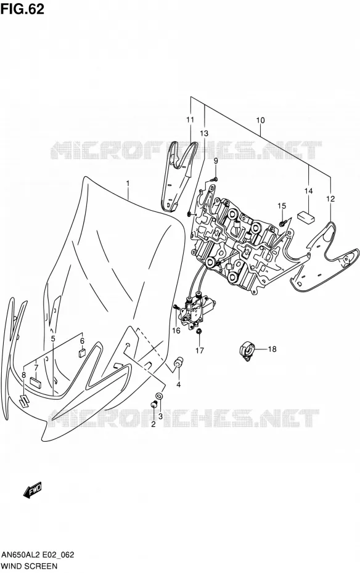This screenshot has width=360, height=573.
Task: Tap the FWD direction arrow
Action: pyautogui.click(x=33, y=489)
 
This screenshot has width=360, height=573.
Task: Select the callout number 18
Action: pyautogui.click(x=272, y=349)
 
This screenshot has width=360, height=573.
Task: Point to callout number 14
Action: pyautogui.click(x=309, y=191)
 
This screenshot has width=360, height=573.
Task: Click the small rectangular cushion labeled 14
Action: pyautogui.click(x=306, y=217)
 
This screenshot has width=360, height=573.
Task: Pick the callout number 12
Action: pyautogui.click(x=330, y=199)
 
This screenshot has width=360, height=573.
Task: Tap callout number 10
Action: pyautogui.click(x=260, y=120)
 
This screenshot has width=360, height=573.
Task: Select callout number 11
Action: pyautogui.click(x=190, y=120)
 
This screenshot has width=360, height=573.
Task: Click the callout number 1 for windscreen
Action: pyautogui.click(x=128, y=183)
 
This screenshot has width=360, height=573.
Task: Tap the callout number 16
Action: pyautogui.click(x=176, y=330)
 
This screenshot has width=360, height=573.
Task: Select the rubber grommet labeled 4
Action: pyautogui.click(x=178, y=364)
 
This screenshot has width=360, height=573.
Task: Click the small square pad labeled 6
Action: pyautogui.click(x=82, y=352)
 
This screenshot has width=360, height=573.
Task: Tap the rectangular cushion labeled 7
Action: pyautogui.click(x=36, y=382)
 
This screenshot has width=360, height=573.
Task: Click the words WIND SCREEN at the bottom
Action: pyautogui.click(x=29, y=566)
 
